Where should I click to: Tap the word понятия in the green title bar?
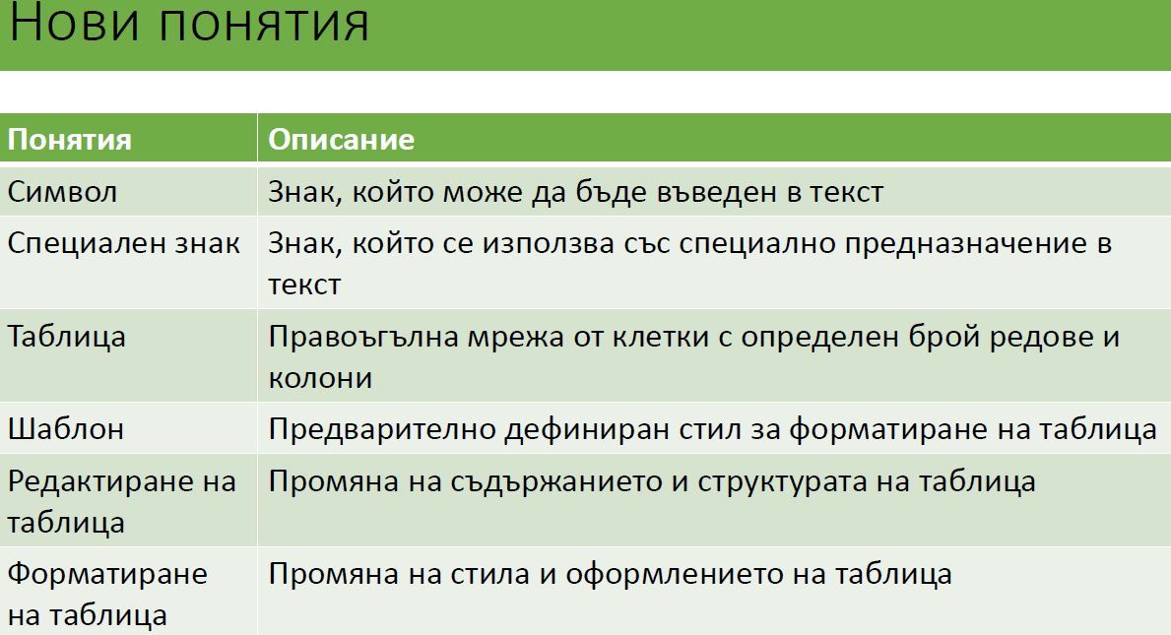(x=264, y=23)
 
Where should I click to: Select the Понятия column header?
(x=70, y=140)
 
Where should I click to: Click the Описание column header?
(x=342, y=140)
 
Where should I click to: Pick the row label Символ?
(x=63, y=192)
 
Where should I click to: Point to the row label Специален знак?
(x=124, y=243)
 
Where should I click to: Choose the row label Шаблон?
(x=66, y=429)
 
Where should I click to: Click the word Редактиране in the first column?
(x=101, y=482)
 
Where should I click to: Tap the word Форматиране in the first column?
(x=107, y=575)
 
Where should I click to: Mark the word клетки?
(x=661, y=338)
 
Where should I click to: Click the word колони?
(x=320, y=378)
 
